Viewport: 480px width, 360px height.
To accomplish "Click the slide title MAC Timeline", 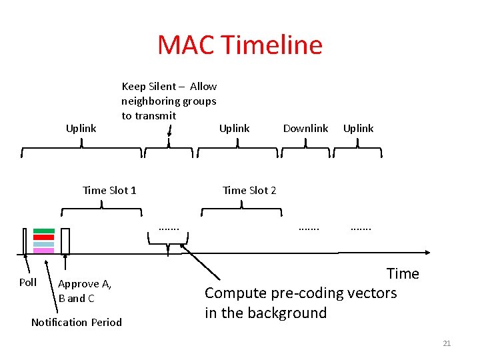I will pos(240,45).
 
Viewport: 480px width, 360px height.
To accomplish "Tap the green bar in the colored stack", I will pos(43,231).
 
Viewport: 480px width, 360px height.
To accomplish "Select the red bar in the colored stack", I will pos(43,237).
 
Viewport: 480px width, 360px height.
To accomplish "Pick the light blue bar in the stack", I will pos(43,244).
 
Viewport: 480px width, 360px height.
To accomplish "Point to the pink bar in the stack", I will pos(43,251).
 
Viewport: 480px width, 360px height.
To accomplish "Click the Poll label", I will pos(28,282).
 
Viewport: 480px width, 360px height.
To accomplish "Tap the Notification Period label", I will pos(77,322).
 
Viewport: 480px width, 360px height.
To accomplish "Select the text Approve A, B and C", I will pos(85,291).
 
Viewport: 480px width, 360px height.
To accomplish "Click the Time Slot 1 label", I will pos(109,190).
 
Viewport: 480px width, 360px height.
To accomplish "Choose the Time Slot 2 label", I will pos(249,190).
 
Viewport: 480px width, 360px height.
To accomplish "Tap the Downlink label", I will pos(305,128).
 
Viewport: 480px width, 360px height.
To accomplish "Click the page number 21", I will pos(447,343).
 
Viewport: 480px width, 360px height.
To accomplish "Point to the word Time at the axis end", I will pos(403,273).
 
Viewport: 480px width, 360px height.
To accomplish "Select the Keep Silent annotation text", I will pos(169,101).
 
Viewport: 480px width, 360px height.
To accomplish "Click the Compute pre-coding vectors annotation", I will pos(300,303).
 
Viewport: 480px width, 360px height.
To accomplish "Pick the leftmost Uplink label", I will pos(81,128).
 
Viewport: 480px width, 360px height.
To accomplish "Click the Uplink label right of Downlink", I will pos(358,128).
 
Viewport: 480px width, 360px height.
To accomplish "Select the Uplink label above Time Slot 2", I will pos(234,128).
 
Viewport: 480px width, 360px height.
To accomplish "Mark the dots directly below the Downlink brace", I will pos(309,229).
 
